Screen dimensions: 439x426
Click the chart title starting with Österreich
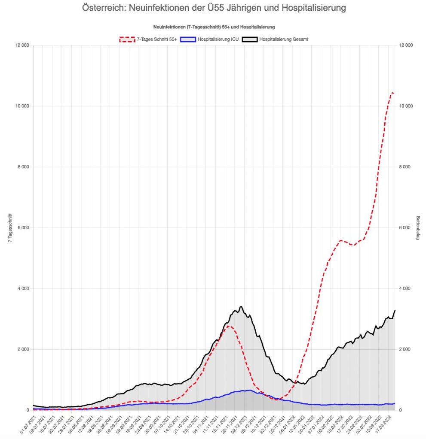[214, 8]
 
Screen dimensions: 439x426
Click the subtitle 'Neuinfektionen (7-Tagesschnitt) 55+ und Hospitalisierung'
[214, 27]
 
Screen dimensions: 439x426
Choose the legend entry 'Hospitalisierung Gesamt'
[284, 39]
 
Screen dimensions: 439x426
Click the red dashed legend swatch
[129, 39]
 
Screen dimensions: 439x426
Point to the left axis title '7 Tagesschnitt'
[10, 228]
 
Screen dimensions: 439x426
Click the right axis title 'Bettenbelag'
[417, 228]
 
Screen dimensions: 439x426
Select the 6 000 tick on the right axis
[406, 227]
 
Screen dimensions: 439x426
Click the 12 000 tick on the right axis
[406, 45]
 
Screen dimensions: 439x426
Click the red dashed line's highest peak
[392, 92]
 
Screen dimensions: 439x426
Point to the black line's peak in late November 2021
[242, 306]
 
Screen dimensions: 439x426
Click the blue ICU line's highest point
[250, 390]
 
